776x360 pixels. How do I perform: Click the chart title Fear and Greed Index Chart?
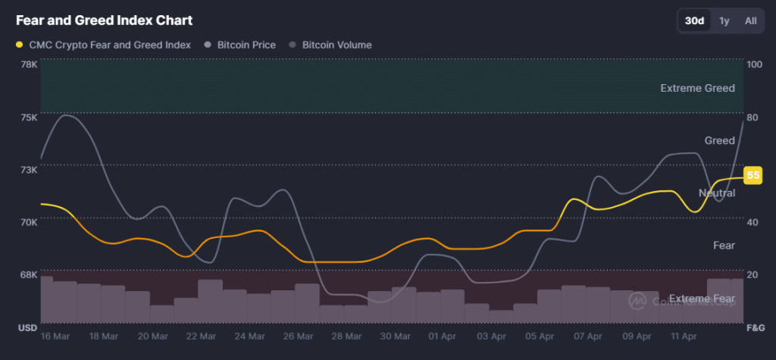coord(104,20)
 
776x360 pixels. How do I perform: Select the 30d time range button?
coord(694,20)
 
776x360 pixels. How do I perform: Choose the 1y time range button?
coord(724,20)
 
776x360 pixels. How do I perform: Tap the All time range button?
coord(750,20)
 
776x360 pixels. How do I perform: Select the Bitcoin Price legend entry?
coord(240,45)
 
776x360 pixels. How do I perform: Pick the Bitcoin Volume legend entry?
coord(330,45)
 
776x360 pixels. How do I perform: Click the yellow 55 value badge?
coord(753,176)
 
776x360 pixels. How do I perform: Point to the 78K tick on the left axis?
coord(29,64)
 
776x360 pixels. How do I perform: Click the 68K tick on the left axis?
coord(29,274)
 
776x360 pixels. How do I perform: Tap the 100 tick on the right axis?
coord(754,64)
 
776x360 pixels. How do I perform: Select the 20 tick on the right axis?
coord(753,274)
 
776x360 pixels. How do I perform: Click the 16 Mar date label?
coord(56,336)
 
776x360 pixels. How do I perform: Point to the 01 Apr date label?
coord(442,336)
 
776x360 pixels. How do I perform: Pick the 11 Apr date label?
coord(684,336)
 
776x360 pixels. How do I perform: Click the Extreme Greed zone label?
coord(697,88)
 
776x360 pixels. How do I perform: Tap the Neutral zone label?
coord(716,193)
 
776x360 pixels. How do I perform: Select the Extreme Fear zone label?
coord(702,299)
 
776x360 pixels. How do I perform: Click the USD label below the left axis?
coord(27,327)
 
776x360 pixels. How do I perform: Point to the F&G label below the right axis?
coord(755,327)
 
